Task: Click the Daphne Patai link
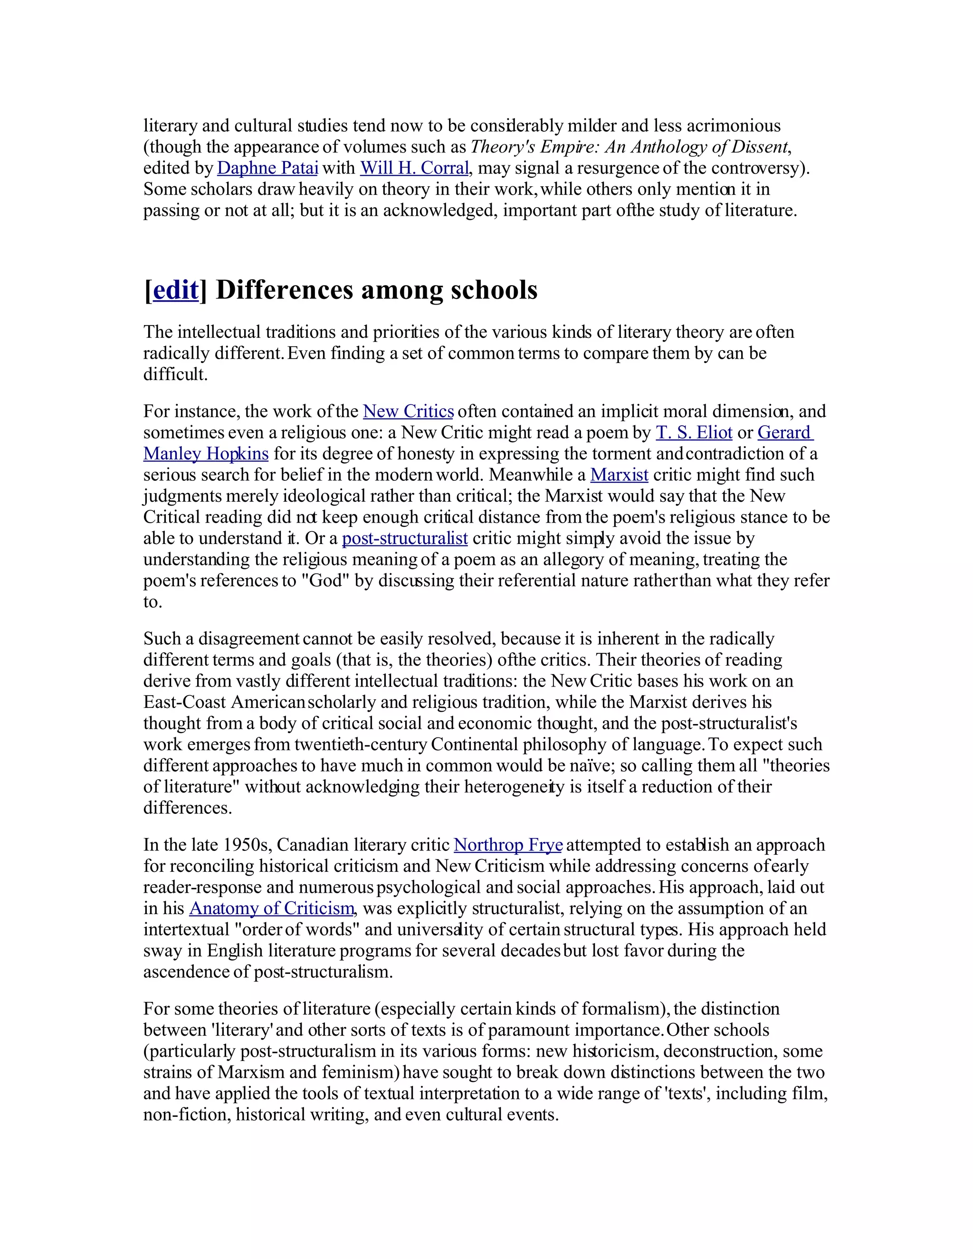pyautogui.click(x=267, y=168)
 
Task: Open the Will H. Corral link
pyautogui.click(x=414, y=168)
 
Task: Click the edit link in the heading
pyautogui.click(x=176, y=290)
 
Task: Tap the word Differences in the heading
pyautogui.click(x=284, y=290)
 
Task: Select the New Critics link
pyautogui.click(x=408, y=411)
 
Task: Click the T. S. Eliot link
pyautogui.click(x=694, y=432)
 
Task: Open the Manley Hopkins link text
pyautogui.click(x=206, y=454)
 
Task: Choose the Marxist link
pyautogui.click(x=619, y=475)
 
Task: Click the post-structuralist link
pyautogui.click(x=404, y=538)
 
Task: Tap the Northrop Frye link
pyautogui.click(x=508, y=845)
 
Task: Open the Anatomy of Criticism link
pyautogui.click(x=271, y=908)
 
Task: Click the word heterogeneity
pyautogui.click(x=514, y=786)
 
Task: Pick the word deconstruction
pyautogui.click(x=712, y=1051)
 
